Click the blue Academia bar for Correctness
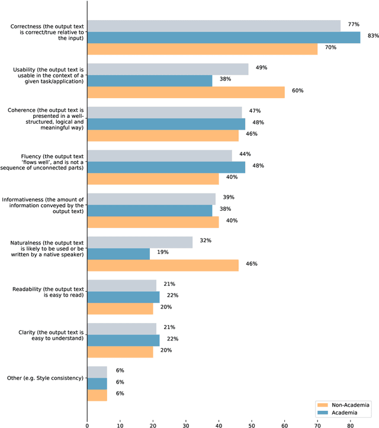tap(224, 37)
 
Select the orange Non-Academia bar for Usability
tap(186, 92)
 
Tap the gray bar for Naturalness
tap(140, 242)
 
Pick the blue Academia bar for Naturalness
tap(118, 253)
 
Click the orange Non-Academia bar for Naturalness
tap(163, 265)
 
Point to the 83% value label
tap(373, 36)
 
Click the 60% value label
tap(297, 91)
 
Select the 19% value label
tap(162, 252)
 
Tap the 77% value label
tap(354, 24)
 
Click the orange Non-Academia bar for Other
tap(97, 394)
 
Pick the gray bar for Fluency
tap(159, 156)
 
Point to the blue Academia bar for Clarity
tap(123, 340)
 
